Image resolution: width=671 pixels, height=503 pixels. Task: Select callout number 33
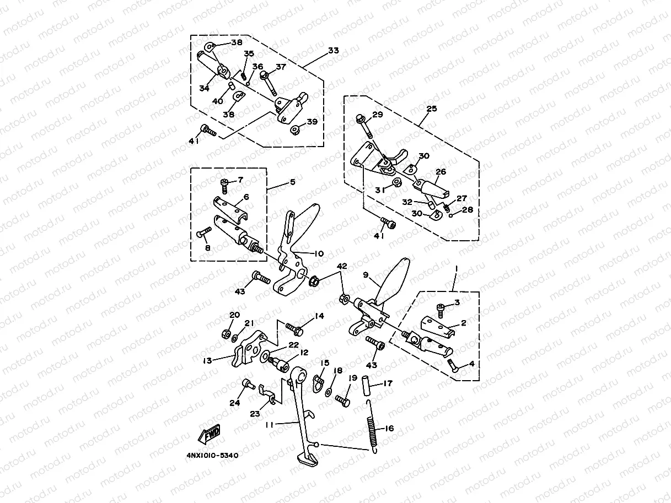click(333, 51)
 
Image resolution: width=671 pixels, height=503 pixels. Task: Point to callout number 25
click(431, 109)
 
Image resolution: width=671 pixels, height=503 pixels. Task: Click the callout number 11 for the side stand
click(269, 424)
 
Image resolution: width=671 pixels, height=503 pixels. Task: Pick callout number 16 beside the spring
click(389, 428)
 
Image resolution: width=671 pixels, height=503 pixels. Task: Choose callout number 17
click(388, 383)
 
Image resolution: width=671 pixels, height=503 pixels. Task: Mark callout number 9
click(365, 274)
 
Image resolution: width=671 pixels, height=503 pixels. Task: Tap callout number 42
click(342, 266)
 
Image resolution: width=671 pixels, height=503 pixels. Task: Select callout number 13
click(207, 361)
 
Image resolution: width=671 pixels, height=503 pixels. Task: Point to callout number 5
click(292, 181)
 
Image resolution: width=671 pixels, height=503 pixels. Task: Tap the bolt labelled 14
click(296, 329)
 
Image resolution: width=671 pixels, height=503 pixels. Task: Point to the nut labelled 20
click(226, 334)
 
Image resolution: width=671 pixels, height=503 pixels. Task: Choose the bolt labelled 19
click(342, 401)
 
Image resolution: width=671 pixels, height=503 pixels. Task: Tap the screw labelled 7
click(224, 182)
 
